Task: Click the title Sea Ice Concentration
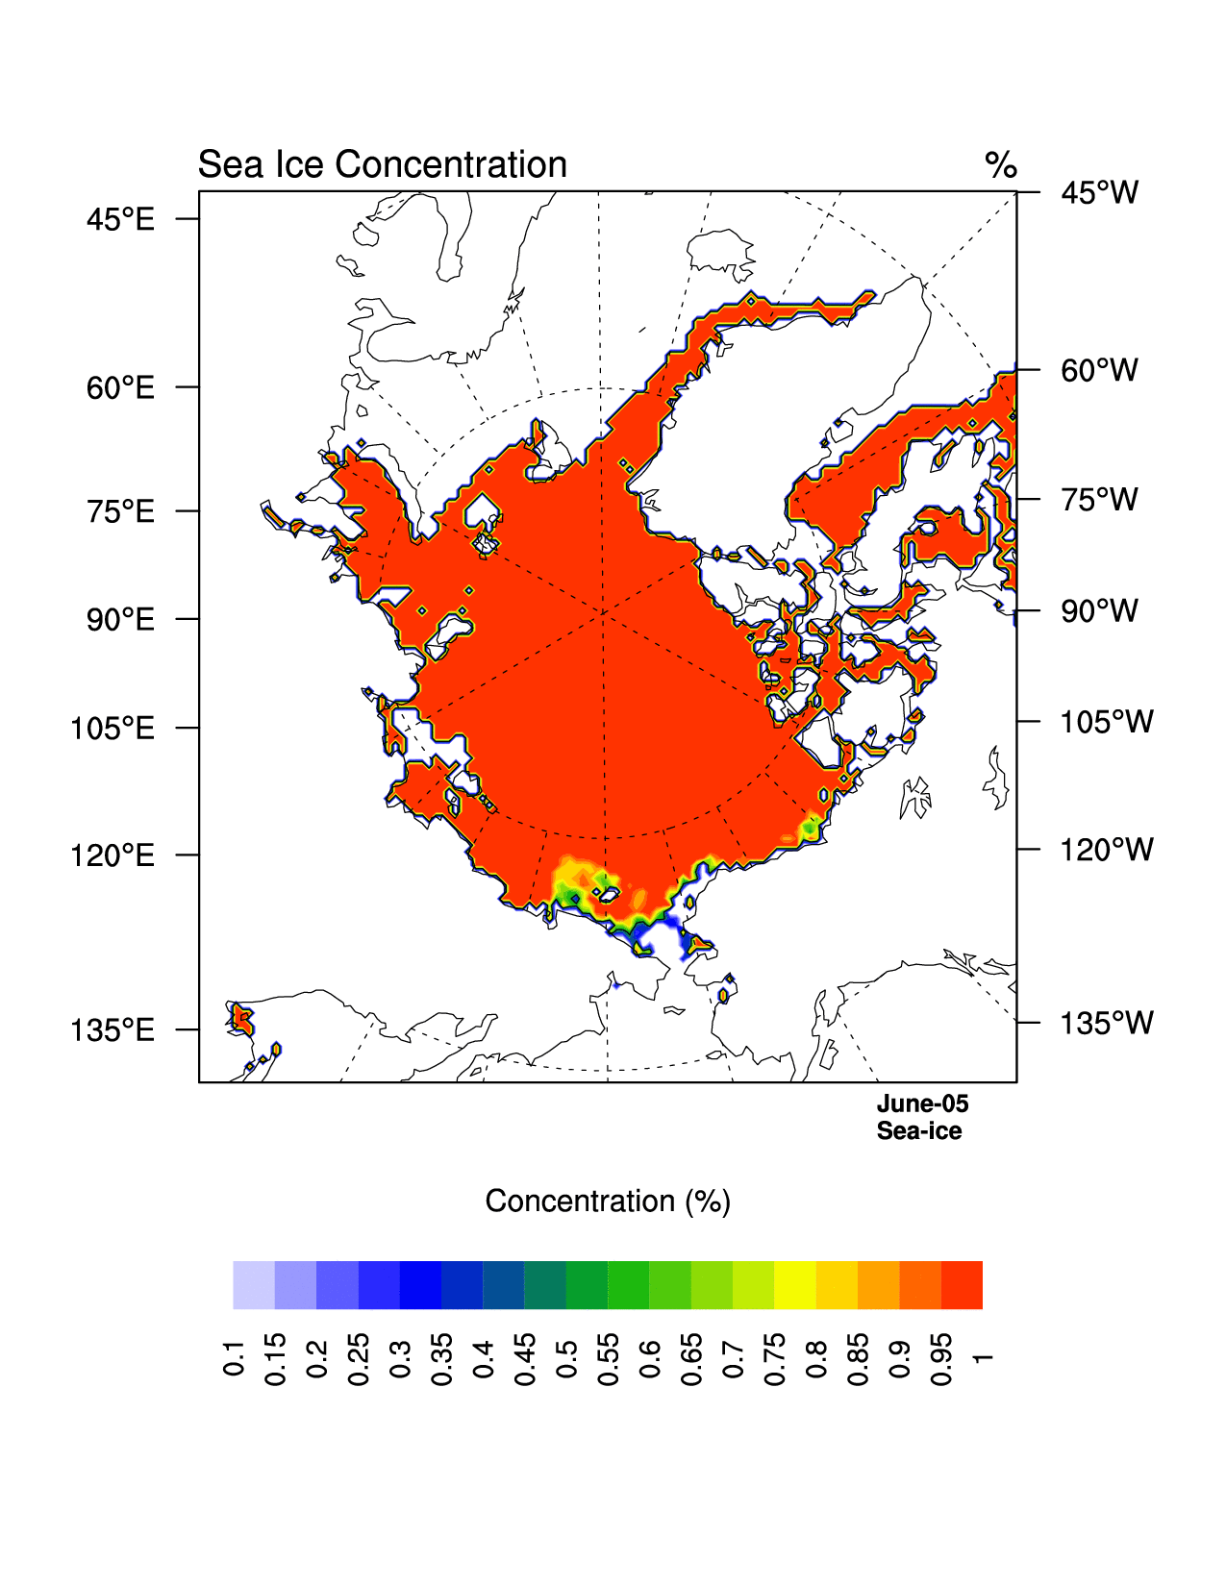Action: (382, 164)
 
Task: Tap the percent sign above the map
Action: (1000, 165)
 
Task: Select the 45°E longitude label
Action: (120, 220)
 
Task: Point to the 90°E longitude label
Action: (120, 620)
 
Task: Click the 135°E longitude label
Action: (112, 1030)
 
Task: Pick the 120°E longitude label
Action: (112, 855)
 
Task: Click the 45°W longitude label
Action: (1099, 193)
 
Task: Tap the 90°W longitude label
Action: (1099, 611)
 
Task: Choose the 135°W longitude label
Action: (1106, 1024)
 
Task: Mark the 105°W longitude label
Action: (1106, 722)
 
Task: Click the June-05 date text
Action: (922, 1104)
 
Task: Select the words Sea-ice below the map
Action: (918, 1131)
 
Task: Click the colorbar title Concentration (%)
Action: (608, 1202)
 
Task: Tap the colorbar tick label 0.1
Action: (234, 1357)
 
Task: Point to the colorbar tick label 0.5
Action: (566, 1357)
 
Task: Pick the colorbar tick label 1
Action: (982, 1357)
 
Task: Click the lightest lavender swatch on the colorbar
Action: (254, 1285)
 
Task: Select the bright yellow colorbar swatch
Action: (795, 1285)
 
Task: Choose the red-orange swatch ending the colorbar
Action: (962, 1285)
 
